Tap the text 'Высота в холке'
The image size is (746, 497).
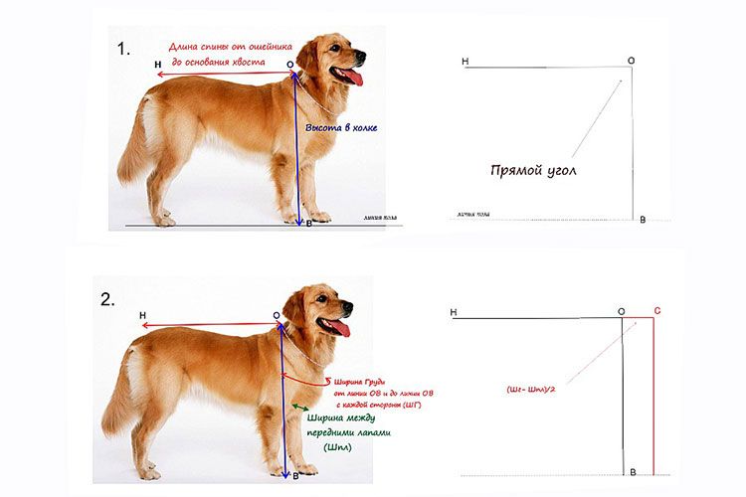(x=341, y=128)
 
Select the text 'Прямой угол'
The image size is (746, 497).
(x=533, y=170)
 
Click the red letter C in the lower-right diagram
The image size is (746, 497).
(x=657, y=311)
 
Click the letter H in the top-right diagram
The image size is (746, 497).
(x=466, y=62)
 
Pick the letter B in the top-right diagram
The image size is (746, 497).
(x=643, y=220)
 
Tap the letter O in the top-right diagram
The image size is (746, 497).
(x=631, y=61)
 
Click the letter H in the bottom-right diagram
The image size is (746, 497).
(x=454, y=312)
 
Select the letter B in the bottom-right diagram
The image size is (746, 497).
(x=631, y=470)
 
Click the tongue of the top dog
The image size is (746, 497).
(x=350, y=78)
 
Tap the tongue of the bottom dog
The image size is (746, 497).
(x=339, y=327)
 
